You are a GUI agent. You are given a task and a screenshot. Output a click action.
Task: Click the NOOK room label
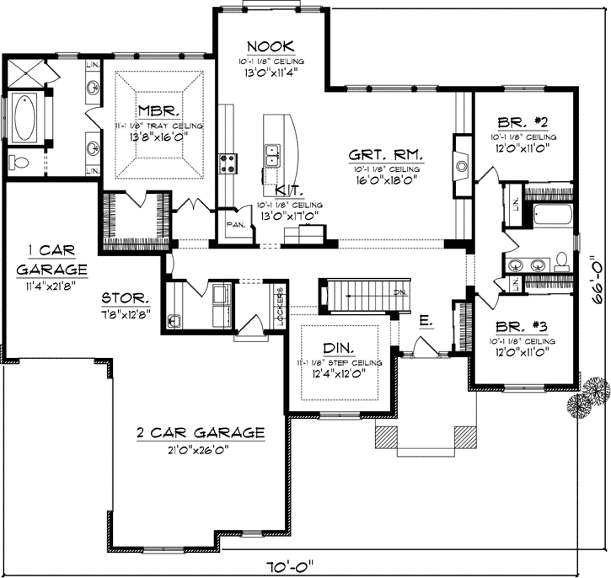point(269,45)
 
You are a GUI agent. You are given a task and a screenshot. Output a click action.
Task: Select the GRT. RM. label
point(386,155)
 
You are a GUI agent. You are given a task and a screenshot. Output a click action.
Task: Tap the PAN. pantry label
point(236,224)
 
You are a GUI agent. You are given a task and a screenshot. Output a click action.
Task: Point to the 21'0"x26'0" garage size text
point(201,448)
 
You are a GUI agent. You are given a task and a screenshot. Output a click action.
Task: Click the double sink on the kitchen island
point(275,155)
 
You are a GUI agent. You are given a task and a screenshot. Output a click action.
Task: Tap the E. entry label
point(426,320)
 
